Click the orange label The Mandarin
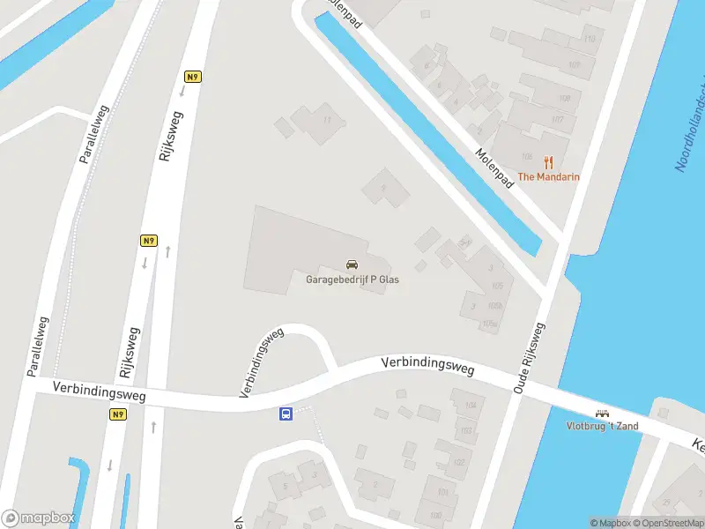[548, 177]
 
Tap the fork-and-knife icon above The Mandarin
[548, 162]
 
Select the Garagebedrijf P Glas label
[352, 279]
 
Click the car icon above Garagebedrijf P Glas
[352, 264]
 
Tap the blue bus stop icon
[286, 414]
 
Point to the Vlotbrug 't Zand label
[602, 426]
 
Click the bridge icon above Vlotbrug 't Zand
[603, 413]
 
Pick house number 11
[327, 119]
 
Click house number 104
[469, 406]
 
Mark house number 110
[588, 40]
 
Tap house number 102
[458, 462]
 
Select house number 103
[465, 430]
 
